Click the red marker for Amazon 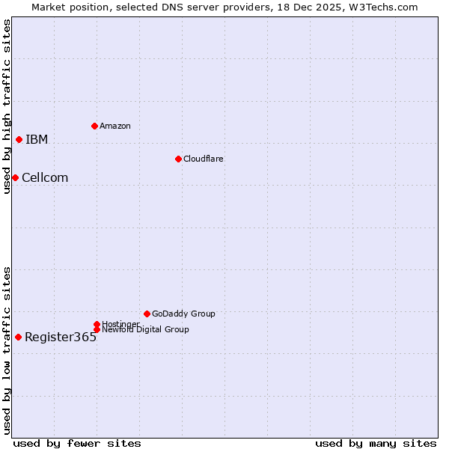coord(94,126)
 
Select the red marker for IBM coord(19,139)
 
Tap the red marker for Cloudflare coord(178,159)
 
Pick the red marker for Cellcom coord(15,177)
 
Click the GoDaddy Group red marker coord(147,314)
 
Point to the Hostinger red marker coord(97,324)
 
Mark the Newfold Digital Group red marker coord(97,329)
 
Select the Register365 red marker coord(18,337)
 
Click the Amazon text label coord(115,126)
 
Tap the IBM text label coord(37,140)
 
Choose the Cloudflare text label coord(204,159)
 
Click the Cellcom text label coord(45,178)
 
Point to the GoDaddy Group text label coord(183,314)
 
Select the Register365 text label coord(61,337)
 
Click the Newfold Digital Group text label coord(145,330)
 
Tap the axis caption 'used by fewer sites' coord(77,443)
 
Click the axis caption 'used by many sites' coord(376,443)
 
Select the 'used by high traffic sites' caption coord(7,106)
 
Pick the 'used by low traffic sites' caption coord(7,350)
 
